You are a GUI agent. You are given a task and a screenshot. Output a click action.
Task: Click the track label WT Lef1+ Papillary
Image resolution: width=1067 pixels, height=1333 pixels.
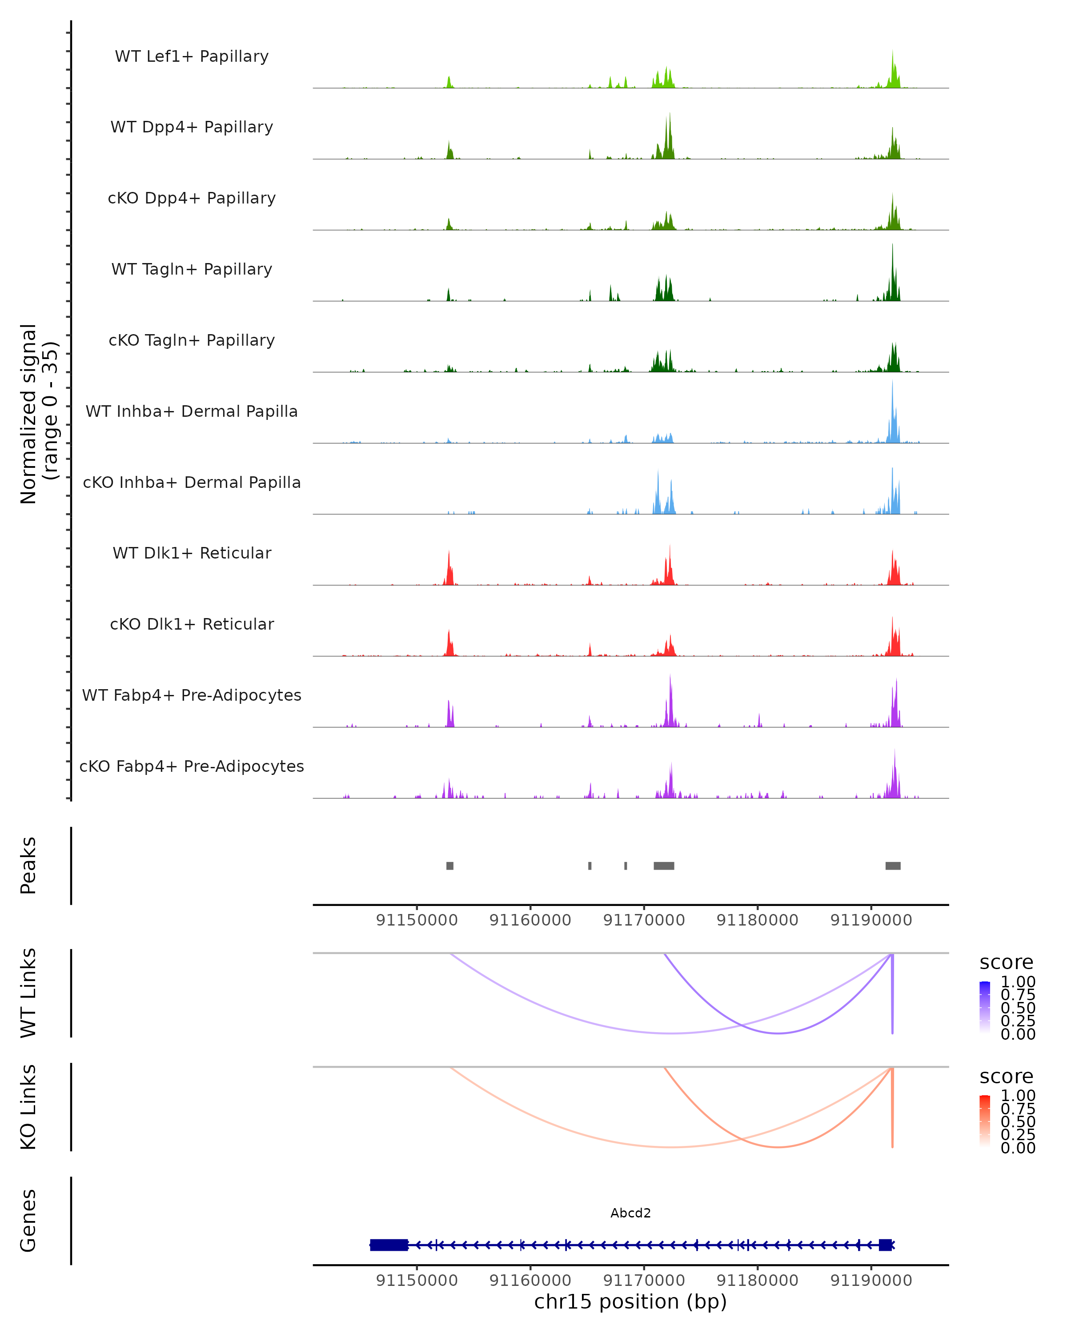pyautogui.click(x=192, y=56)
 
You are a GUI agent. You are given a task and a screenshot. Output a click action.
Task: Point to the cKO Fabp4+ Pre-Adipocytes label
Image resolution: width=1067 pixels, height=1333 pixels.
pyautogui.click(x=192, y=766)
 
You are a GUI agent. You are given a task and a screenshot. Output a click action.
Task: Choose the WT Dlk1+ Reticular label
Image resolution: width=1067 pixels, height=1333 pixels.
pyautogui.click(x=192, y=553)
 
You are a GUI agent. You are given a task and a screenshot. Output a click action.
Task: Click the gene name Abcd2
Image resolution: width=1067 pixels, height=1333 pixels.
pyautogui.click(x=630, y=1213)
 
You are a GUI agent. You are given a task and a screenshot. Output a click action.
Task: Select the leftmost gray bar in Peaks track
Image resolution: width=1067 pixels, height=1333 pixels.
pyautogui.click(x=449, y=866)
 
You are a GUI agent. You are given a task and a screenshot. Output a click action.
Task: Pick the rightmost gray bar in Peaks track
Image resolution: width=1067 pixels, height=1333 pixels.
pyautogui.click(x=893, y=866)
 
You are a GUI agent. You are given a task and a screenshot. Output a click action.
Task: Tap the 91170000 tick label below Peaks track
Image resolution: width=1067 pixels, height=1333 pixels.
pyautogui.click(x=644, y=920)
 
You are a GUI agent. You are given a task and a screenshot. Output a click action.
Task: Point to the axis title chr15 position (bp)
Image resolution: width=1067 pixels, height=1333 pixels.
pyautogui.click(x=630, y=1302)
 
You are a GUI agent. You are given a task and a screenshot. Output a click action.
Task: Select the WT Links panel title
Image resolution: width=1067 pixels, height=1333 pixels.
pyautogui.click(x=28, y=993)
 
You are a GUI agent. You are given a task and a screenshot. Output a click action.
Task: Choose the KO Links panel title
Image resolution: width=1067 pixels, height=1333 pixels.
pyautogui.click(x=28, y=1107)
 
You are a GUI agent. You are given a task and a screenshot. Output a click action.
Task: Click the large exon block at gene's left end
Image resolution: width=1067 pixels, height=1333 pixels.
pyautogui.click(x=389, y=1245)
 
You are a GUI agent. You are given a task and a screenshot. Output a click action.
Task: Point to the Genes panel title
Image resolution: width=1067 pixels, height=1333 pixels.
pyautogui.click(x=28, y=1221)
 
